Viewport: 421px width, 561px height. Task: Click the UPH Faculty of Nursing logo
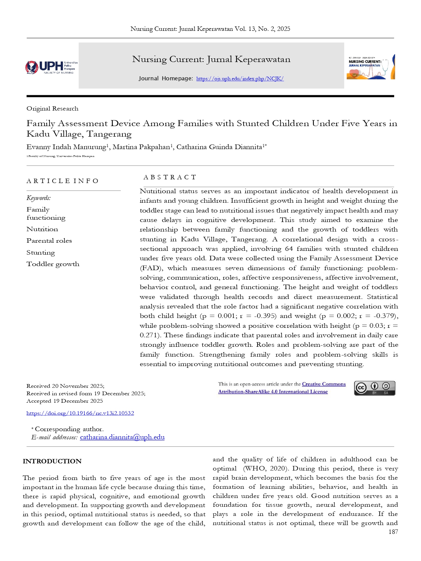[52, 67]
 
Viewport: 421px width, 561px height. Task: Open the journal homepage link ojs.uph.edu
[240, 79]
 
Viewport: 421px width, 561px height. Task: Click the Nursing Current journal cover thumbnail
[371, 67]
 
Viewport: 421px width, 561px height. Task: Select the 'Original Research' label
[52, 108]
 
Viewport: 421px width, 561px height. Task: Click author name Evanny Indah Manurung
[66, 147]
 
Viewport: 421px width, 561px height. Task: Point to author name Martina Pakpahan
[141, 147]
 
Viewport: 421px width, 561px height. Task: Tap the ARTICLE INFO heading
[62, 181]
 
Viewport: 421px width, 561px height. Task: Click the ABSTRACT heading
[170, 177]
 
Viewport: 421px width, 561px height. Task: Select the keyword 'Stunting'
[41, 253]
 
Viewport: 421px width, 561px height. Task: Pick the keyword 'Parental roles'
[49, 241]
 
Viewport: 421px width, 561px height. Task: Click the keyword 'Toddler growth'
[53, 264]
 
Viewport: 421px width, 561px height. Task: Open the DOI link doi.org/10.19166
[80, 413]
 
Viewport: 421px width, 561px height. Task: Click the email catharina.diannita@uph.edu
[122, 437]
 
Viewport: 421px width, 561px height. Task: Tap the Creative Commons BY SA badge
[375, 388]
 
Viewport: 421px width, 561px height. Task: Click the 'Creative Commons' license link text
[324, 384]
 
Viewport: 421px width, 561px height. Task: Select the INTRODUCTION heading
[52, 461]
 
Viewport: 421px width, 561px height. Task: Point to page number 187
[393, 532]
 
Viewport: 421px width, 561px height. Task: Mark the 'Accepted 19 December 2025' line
[64, 401]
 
